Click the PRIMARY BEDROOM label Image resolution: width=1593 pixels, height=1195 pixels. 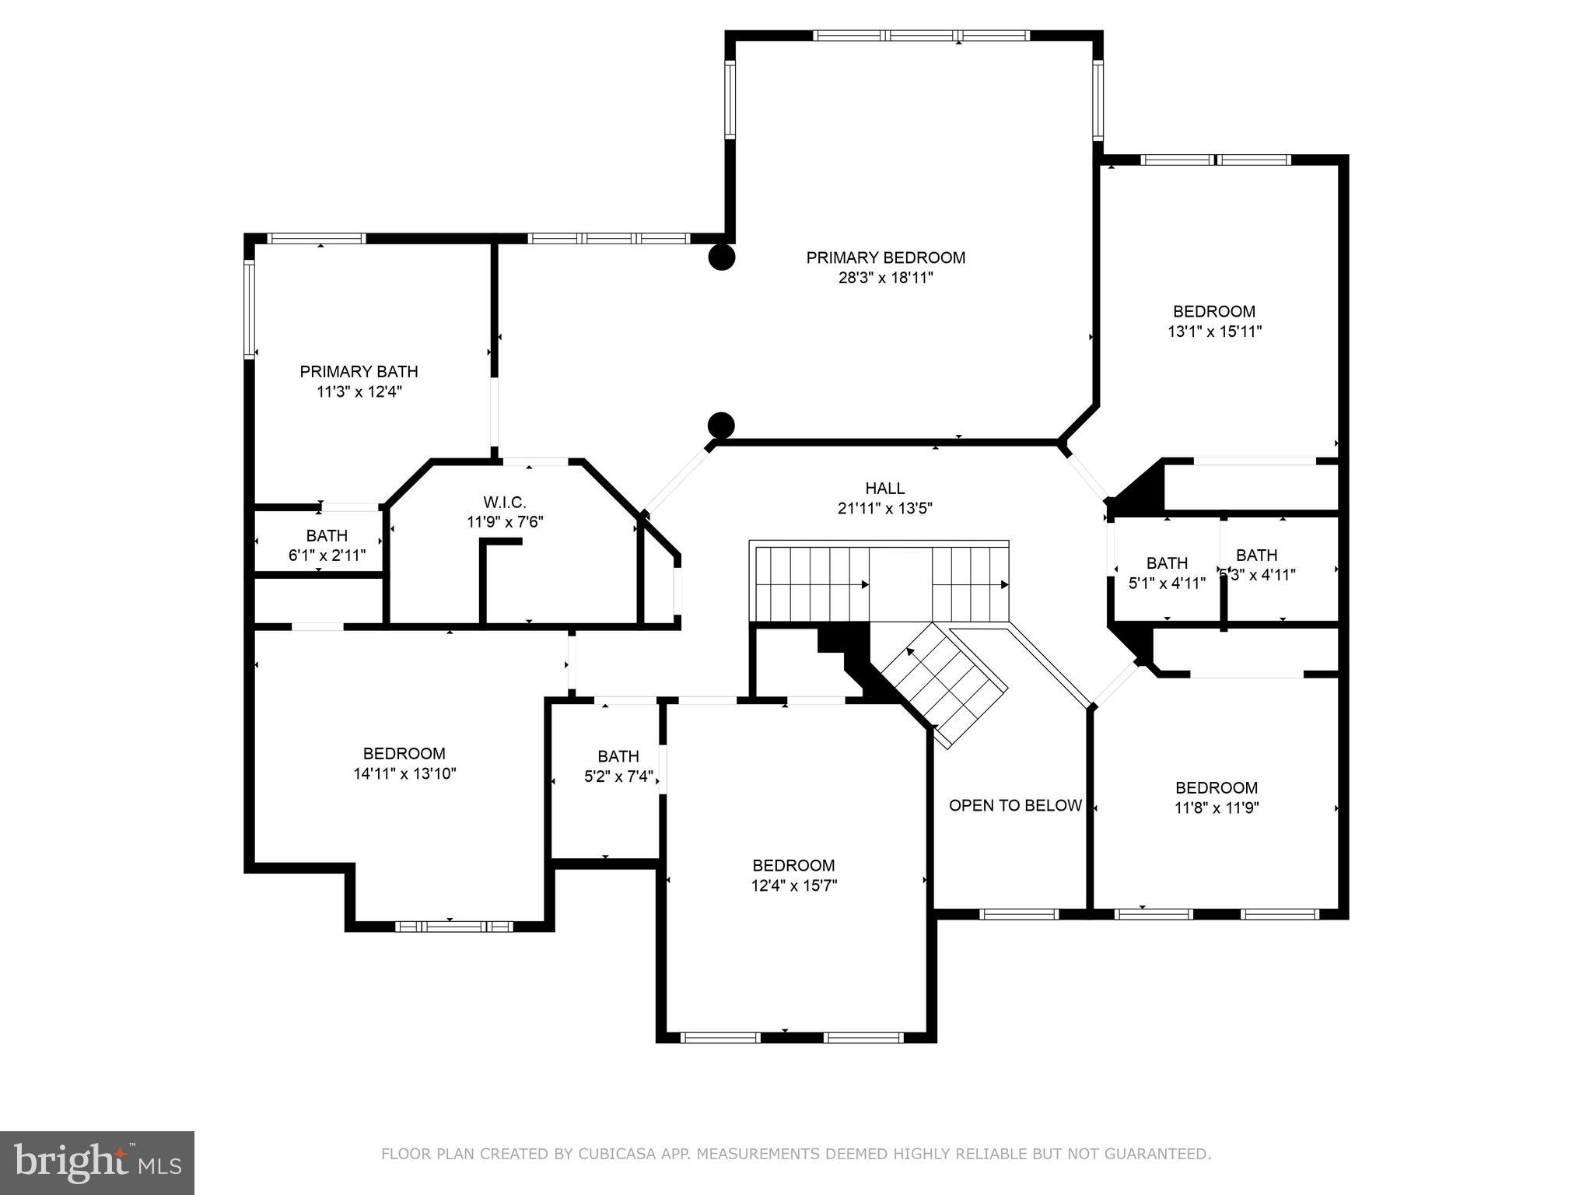[x=885, y=258]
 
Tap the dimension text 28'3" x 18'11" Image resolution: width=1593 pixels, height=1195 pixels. [x=885, y=278]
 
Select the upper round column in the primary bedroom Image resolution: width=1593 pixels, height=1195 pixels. [x=721, y=258]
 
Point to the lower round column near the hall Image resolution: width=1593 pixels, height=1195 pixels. [x=721, y=425]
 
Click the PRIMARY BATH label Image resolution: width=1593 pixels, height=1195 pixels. [x=359, y=372]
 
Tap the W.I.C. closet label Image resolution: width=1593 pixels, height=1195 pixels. [x=505, y=503]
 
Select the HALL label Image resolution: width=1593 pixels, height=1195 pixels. [x=885, y=489]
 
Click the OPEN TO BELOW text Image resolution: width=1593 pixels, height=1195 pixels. [x=1015, y=806]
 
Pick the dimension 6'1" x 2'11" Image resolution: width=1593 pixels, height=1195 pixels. [x=327, y=555]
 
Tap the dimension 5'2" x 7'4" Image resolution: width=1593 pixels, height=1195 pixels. [x=618, y=776]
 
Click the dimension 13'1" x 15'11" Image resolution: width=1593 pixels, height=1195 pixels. [x=1214, y=331]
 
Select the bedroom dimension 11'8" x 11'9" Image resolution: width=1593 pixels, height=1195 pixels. [x=1217, y=808]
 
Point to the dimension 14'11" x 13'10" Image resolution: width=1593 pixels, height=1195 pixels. [x=404, y=773]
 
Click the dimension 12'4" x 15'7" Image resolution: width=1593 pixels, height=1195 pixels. [x=793, y=885]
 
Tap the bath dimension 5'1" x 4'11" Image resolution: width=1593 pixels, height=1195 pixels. [x=1167, y=583]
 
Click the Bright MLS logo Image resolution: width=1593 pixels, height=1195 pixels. [x=96, y=1162]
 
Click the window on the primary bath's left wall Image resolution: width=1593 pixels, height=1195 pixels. [x=250, y=309]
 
